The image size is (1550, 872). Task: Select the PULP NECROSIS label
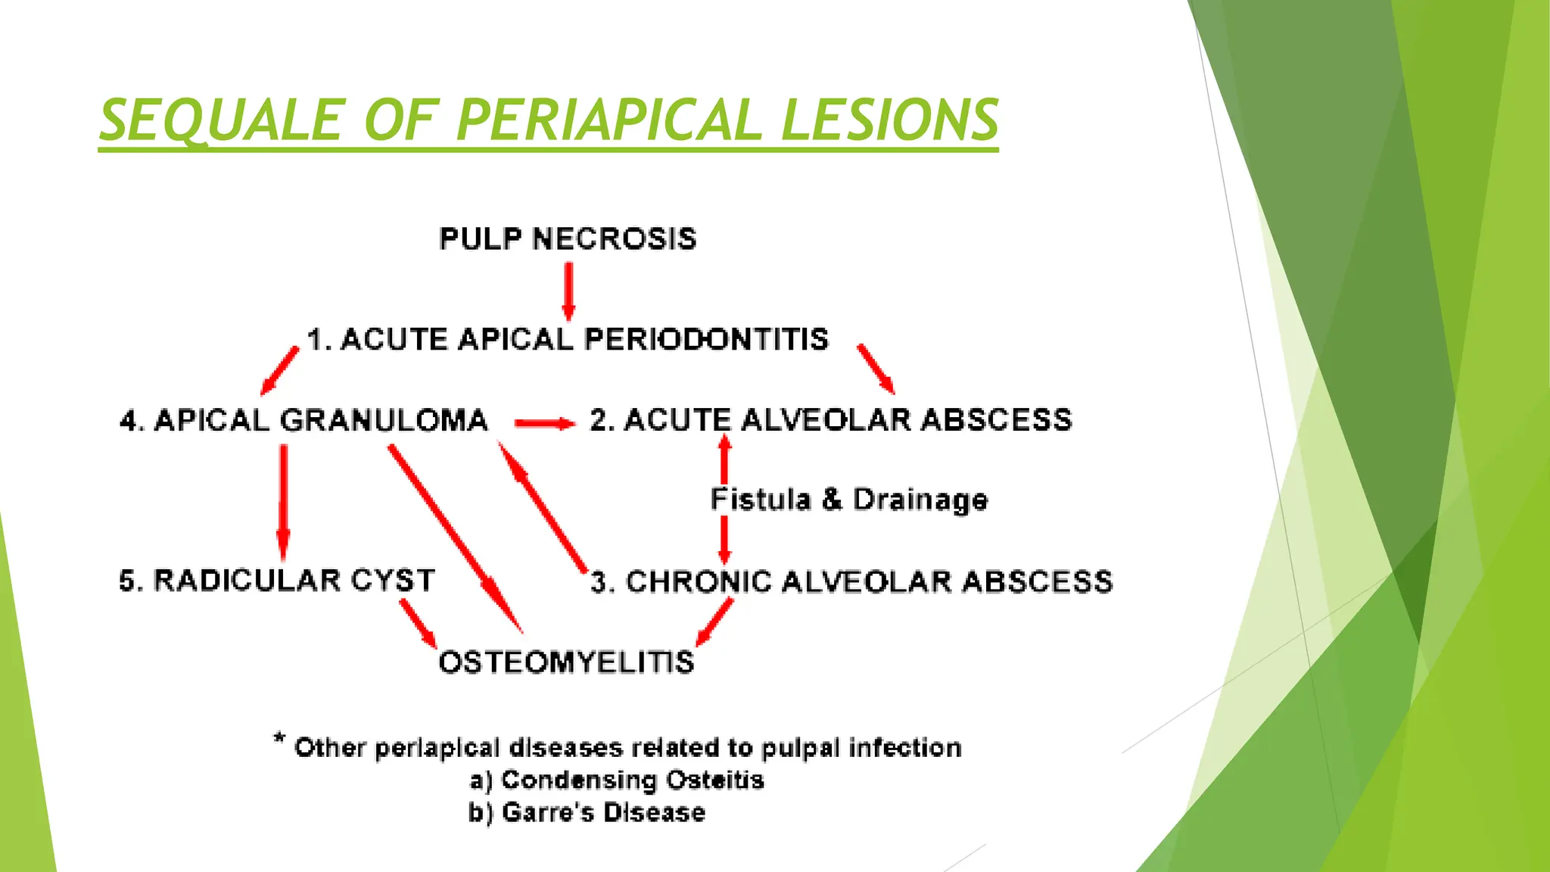(x=568, y=239)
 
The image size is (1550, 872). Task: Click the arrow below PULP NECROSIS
(x=568, y=291)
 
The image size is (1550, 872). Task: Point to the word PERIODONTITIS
(x=706, y=339)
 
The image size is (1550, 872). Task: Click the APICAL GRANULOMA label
(x=304, y=420)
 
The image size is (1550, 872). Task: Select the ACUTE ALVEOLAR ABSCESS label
(x=831, y=420)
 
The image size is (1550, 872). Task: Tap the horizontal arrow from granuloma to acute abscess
(x=544, y=423)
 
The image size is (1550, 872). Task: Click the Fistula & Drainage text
(x=849, y=500)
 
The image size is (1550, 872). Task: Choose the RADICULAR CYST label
(x=277, y=581)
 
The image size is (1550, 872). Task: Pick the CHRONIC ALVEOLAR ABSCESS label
(x=851, y=582)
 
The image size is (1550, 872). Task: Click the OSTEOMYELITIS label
(x=566, y=662)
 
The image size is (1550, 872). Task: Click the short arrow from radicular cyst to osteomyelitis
(x=418, y=623)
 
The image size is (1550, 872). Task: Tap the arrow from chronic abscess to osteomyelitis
(x=715, y=621)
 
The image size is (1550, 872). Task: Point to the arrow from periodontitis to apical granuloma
(x=279, y=371)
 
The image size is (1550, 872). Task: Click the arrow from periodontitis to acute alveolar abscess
(x=876, y=369)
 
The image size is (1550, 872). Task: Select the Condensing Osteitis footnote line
(x=617, y=780)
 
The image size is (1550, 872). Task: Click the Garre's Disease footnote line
(x=587, y=813)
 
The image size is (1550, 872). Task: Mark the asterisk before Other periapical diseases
(x=279, y=739)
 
